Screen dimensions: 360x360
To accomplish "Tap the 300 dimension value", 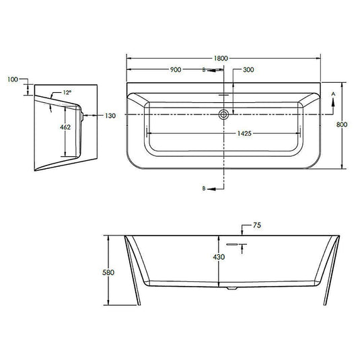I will click(248, 69).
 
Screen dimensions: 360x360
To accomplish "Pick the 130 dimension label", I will click(110, 116).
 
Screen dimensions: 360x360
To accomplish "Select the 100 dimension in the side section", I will click(12, 80).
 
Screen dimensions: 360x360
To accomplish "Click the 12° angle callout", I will click(67, 92).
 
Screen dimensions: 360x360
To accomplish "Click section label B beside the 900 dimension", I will click(205, 69).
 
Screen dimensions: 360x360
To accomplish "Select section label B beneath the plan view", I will click(205, 189).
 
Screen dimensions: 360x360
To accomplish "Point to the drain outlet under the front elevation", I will click(231, 287).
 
